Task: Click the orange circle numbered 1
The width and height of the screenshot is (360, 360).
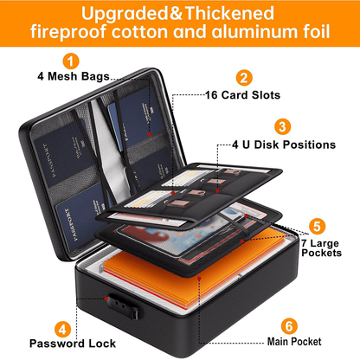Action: click(x=71, y=61)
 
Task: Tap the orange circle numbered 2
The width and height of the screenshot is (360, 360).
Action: click(x=244, y=78)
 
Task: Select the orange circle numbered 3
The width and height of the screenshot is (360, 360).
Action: click(x=282, y=126)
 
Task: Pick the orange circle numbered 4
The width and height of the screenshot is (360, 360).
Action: click(x=63, y=329)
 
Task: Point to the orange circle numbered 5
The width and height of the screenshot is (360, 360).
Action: click(x=317, y=227)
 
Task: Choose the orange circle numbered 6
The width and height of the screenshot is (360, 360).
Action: click(x=289, y=326)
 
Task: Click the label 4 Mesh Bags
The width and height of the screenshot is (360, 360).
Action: click(x=74, y=76)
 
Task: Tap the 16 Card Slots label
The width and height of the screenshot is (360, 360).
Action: click(x=242, y=95)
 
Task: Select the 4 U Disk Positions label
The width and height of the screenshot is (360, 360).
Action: click(x=284, y=145)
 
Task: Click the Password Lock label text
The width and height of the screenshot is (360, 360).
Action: click(x=73, y=344)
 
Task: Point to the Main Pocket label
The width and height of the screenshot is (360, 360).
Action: click(x=294, y=342)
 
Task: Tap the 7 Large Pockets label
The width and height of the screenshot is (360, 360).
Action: click(x=321, y=247)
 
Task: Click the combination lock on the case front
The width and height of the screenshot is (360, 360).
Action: click(x=123, y=306)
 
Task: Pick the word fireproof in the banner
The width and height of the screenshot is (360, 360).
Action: click(x=68, y=32)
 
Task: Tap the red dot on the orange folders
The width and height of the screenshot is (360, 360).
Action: click(x=199, y=278)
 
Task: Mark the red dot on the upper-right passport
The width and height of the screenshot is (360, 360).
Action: click(x=149, y=134)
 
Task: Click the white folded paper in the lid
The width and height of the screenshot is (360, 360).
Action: click(x=112, y=150)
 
